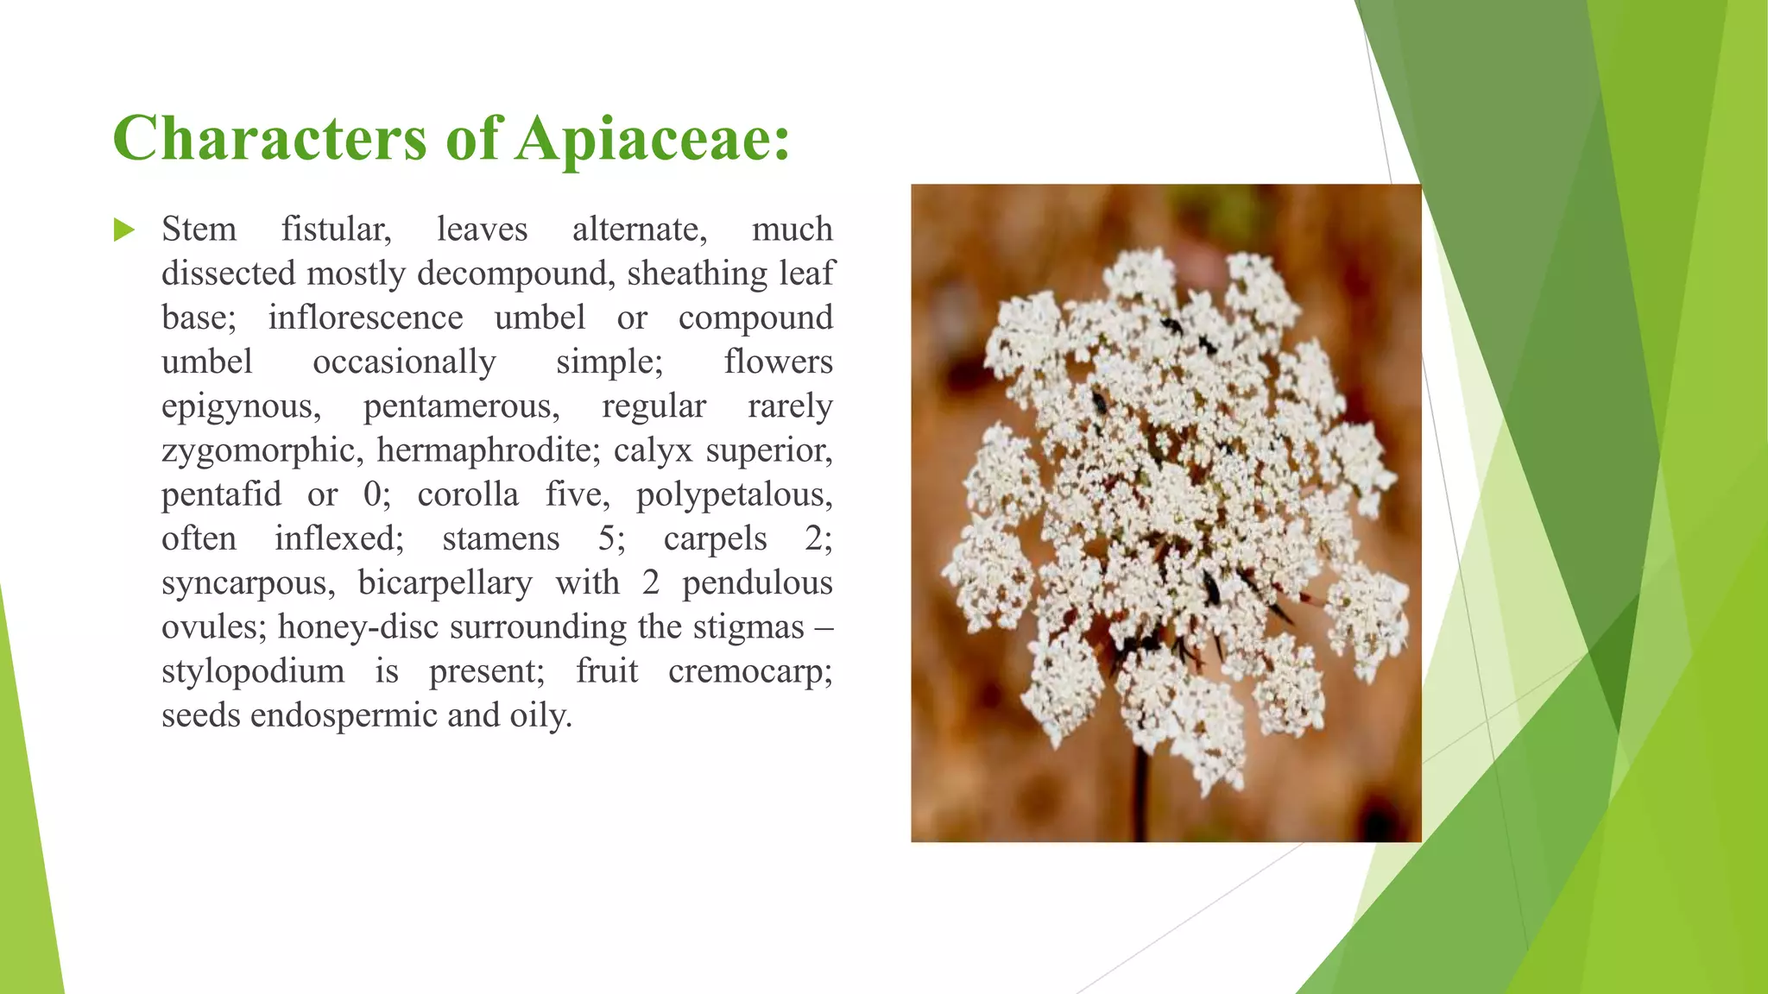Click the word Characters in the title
(269, 138)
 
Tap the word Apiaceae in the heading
(652, 138)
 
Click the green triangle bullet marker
(124, 230)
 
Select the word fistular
(336, 230)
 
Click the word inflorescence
(365, 318)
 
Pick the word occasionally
(404, 362)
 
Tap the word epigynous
(241, 406)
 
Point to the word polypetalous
(734, 494)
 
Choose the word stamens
(501, 538)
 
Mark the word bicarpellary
(445, 582)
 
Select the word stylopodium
(252, 670)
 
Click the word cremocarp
(749, 670)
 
